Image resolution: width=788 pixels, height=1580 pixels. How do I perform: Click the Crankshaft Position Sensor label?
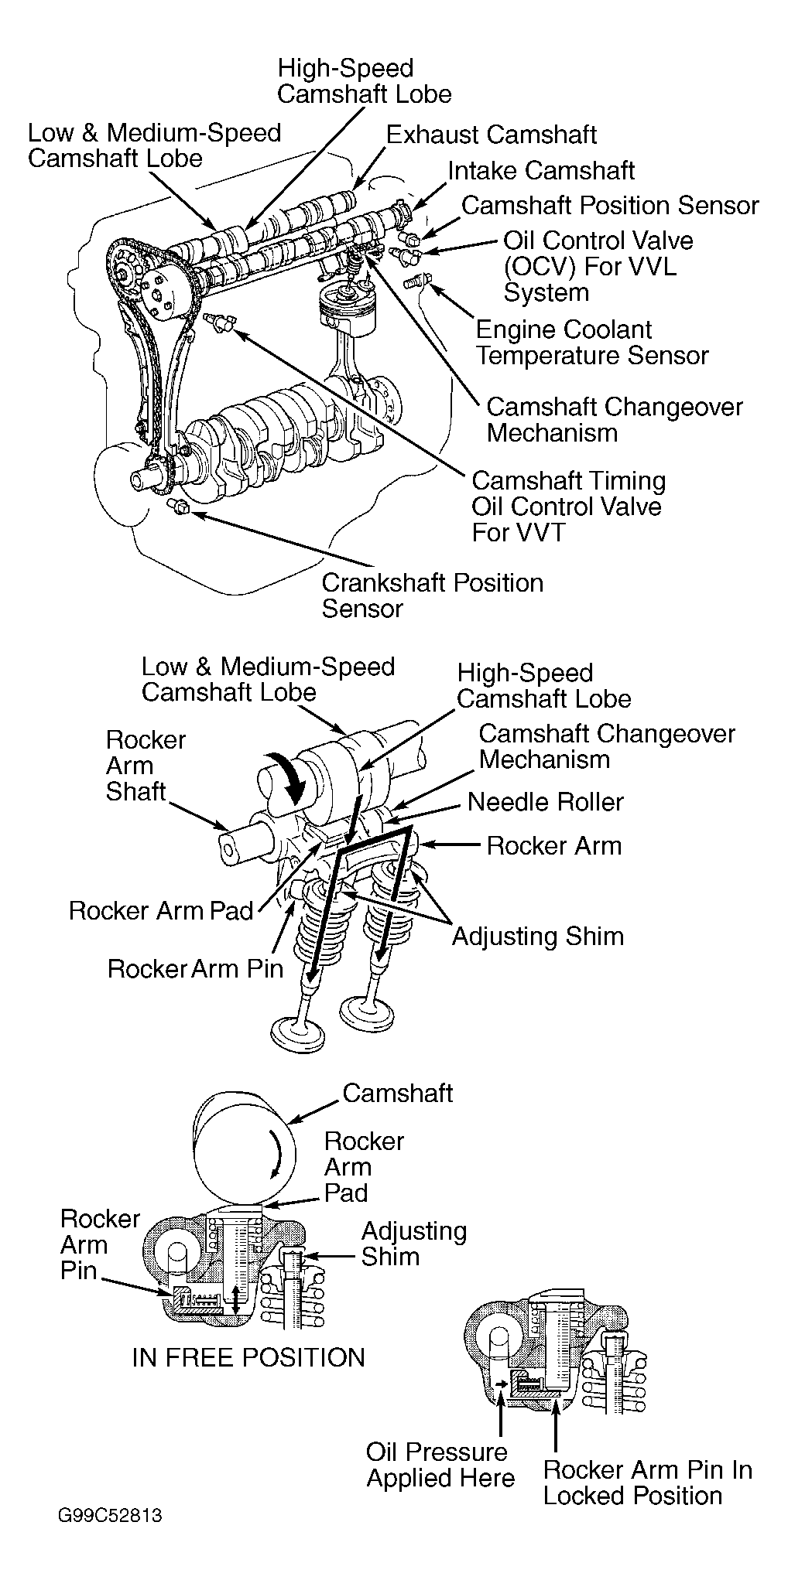click(x=433, y=595)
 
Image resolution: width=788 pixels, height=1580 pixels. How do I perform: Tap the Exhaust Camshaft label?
click(x=492, y=135)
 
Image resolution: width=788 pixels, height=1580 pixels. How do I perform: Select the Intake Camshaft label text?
click(x=542, y=170)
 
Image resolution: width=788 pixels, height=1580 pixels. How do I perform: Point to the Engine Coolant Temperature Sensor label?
click(x=592, y=343)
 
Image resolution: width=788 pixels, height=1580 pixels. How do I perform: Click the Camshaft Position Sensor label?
click(x=610, y=206)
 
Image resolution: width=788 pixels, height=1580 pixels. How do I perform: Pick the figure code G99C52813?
click(x=110, y=1536)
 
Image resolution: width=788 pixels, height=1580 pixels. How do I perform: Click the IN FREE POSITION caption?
click(x=248, y=1357)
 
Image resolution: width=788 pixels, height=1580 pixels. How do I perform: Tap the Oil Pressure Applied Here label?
click(x=440, y=1465)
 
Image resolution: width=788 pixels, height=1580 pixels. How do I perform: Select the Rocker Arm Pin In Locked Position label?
click(x=648, y=1483)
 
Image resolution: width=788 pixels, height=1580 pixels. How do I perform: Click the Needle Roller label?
click(x=546, y=802)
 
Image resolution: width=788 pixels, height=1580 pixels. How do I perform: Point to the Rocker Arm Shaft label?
click(x=146, y=766)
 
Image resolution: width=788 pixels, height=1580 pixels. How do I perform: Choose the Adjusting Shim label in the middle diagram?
click(x=538, y=936)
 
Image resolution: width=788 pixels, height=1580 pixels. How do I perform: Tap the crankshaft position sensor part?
click(x=178, y=507)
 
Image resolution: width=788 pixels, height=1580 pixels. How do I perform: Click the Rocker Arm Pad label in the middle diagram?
click(x=161, y=910)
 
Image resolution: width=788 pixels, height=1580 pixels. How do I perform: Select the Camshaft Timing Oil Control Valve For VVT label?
click(x=568, y=507)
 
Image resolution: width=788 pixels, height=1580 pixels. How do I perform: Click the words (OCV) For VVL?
click(x=590, y=267)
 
